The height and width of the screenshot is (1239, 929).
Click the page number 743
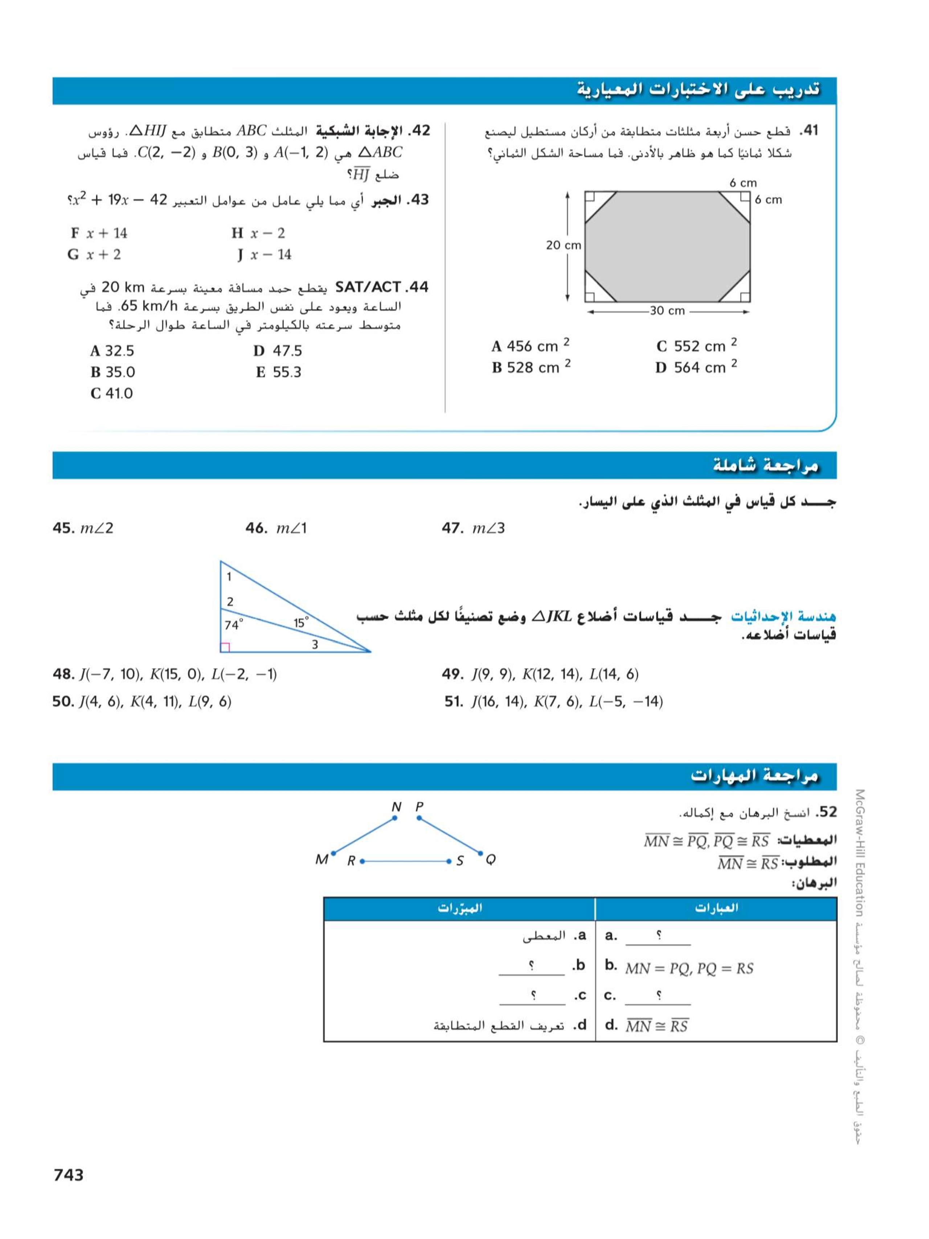click(x=68, y=1175)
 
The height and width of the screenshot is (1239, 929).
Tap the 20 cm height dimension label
click(x=563, y=245)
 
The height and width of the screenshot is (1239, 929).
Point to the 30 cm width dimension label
click(x=667, y=311)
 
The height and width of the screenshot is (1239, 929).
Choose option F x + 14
click(x=99, y=233)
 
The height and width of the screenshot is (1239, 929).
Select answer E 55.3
click(x=278, y=372)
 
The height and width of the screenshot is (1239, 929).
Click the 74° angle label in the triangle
click(x=233, y=624)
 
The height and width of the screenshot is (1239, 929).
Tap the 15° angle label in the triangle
click(x=301, y=622)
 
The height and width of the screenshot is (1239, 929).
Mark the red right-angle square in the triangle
click(x=225, y=648)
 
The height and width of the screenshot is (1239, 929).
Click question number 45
click(x=63, y=528)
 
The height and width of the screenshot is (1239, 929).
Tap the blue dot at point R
click(x=362, y=861)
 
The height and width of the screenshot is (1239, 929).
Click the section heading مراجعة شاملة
click(x=765, y=465)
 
